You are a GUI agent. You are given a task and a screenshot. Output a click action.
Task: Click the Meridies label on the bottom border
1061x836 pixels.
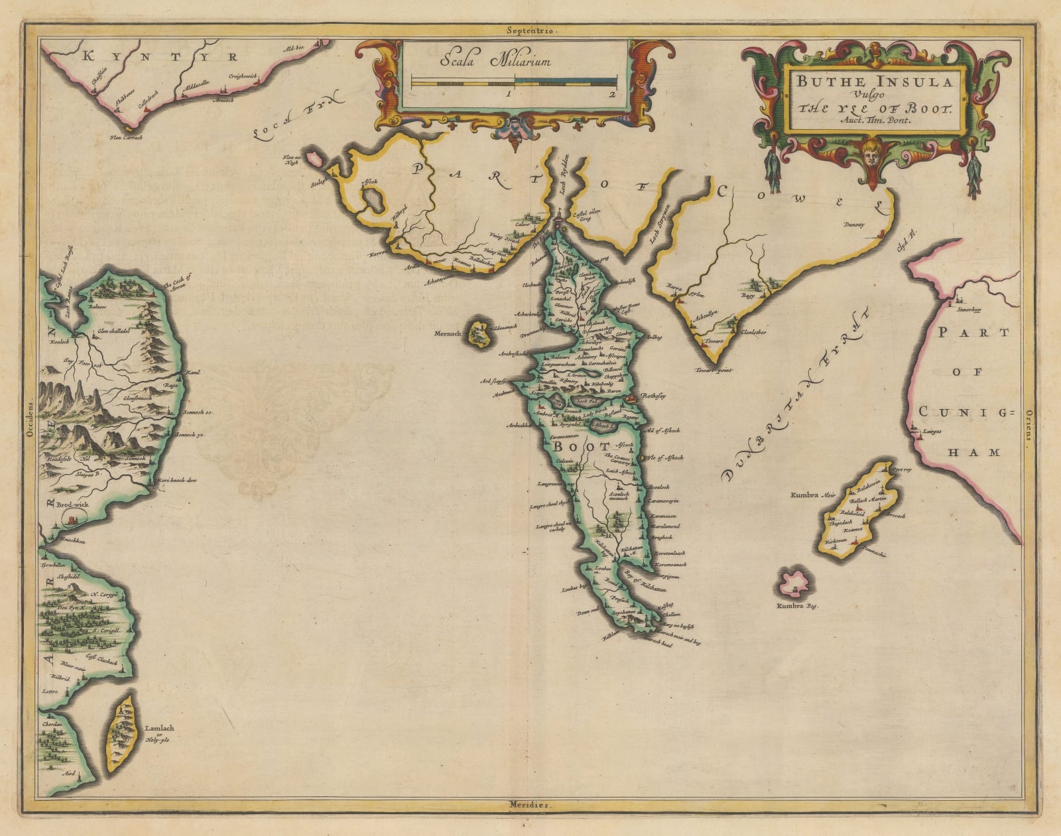click(x=530, y=806)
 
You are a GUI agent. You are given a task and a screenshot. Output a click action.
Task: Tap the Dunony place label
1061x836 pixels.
click(x=855, y=225)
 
